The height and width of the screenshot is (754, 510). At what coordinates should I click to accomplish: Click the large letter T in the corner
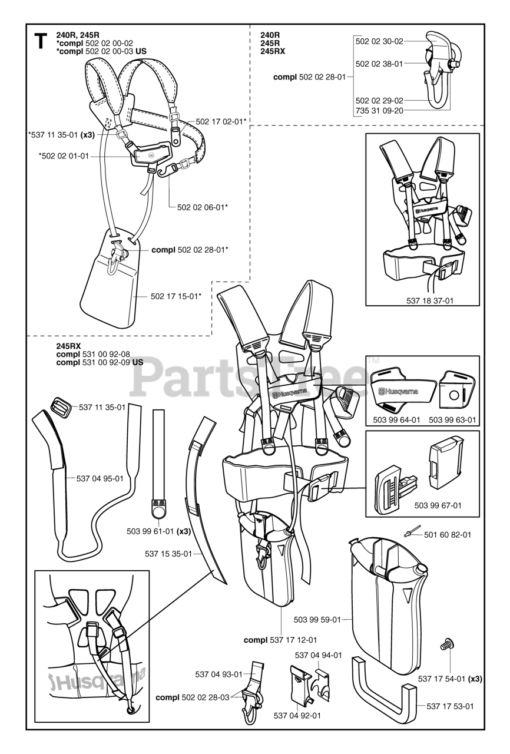[41, 43]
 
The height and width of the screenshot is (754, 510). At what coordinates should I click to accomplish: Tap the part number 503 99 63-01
[452, 419]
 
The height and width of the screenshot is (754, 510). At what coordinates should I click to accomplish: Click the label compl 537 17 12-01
[281, 640]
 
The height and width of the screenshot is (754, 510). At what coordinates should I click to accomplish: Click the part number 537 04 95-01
[100, 478]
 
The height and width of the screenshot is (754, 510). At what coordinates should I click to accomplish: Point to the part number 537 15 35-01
[168, 553]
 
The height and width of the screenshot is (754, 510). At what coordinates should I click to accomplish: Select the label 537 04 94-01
[318, 654]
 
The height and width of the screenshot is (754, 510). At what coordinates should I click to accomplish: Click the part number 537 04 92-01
[297, 716]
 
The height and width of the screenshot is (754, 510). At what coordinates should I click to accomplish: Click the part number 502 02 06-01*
[203, 207]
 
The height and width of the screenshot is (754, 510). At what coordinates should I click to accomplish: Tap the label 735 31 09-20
[379, 110]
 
